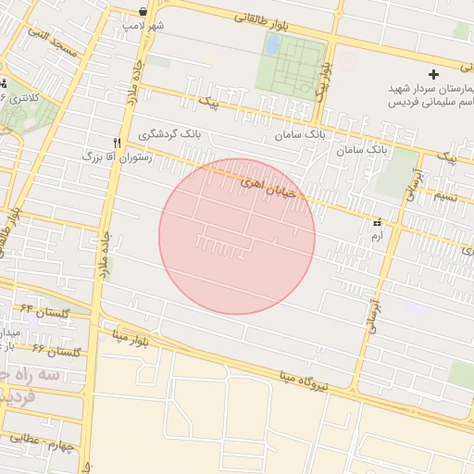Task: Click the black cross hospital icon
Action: click(432, 74)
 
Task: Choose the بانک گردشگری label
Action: click(169, 134)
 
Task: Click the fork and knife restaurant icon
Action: click(117, 143)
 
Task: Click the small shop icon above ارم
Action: click(376, 223)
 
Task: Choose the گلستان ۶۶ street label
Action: click(56, 350)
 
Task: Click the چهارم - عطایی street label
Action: click(36, 439)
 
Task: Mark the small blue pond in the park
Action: click(272, 44)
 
